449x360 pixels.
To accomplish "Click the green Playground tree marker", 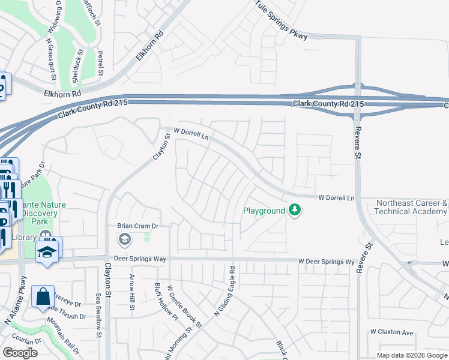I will pos(294,210).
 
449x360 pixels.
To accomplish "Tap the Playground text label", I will pos(264,211).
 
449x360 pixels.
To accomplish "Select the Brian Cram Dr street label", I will pos(137,226).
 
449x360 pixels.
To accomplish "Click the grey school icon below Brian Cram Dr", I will pos(124,240).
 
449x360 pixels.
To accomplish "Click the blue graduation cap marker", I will pos(47,252).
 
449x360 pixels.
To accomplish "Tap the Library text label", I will pos(24,238).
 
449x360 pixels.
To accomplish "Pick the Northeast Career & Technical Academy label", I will pos(411,208).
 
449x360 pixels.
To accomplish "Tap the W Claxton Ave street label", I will pos(392,332).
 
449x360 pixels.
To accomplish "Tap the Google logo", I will pos(20,353).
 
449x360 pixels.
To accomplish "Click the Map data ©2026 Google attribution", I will pos(411,355).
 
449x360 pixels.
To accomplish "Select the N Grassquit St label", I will pos(52,60).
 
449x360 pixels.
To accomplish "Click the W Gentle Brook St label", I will pos(184,306).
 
